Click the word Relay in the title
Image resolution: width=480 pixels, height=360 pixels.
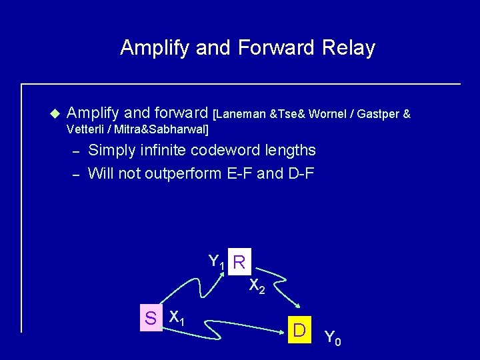point(349,48)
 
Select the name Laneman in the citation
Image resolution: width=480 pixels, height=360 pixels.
point(242,115)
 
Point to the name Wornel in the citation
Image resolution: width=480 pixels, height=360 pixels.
point(332,115)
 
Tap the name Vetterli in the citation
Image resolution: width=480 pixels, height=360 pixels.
point(86,129)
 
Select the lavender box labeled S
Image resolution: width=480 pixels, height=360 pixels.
point(151,318)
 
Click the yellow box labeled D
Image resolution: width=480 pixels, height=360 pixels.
point(299,330)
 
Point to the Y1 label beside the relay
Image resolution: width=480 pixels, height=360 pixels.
point(217,261)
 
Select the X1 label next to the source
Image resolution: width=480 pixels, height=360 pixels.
point(177,317)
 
